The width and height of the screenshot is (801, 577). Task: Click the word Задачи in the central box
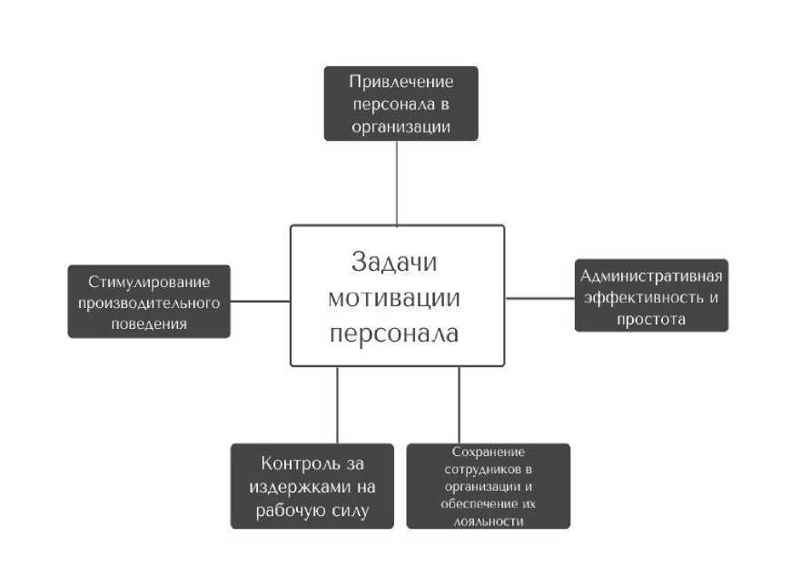click(x=394, y=262)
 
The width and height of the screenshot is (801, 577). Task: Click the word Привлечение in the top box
click(x=400, y=82)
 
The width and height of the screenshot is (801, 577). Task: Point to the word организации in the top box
click(x=400, y=127)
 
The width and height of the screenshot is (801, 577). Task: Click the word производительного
click(x=149, y=302)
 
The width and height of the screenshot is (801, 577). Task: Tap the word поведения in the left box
click(x=149, y=323)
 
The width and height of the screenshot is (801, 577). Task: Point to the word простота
click(x=651, y=319)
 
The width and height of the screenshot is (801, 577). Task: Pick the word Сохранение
click(x=488, y=452)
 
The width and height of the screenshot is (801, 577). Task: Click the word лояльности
click(x=488, y=521)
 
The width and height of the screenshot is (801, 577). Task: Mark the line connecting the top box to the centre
click(x=397, y=183)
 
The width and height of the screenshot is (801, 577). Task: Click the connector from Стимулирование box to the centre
click(x=260, y=301)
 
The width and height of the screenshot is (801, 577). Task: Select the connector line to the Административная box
click(x=539, y=297)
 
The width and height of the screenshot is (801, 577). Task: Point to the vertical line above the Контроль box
click(x=337, y=404)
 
